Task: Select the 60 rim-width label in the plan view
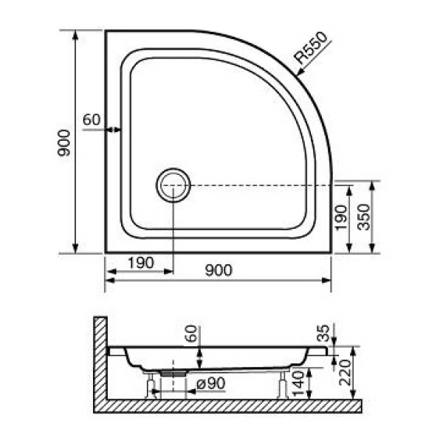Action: (91, 119)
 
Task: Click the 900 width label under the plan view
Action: (219, 270)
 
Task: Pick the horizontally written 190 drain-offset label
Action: (140, 262)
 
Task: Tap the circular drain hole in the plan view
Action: (173, 184)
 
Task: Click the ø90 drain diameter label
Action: (210, 383)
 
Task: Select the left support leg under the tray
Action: (151, 385)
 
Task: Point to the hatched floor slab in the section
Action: (229, 406)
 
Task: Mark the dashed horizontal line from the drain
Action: (258, 184)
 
